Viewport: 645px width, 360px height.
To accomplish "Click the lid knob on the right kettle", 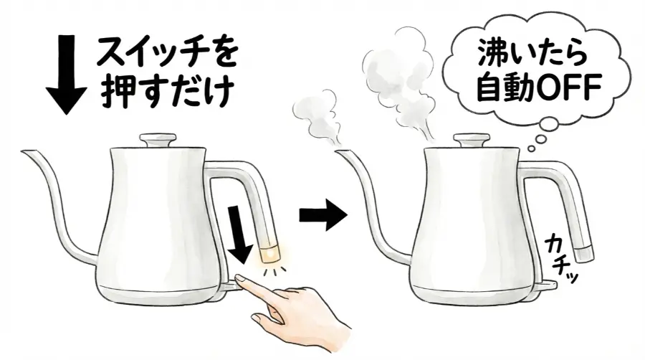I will tap(469, 139).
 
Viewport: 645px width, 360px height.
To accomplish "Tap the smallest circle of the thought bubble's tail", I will tap(530, 149).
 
